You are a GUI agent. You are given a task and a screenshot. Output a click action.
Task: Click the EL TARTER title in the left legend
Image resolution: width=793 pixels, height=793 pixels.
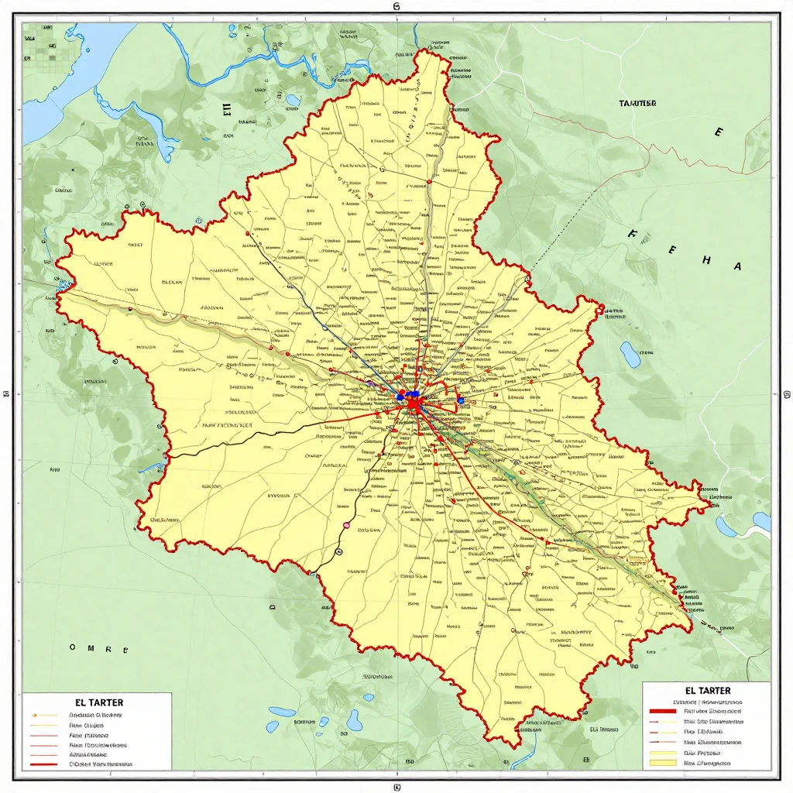(x=100, y=702)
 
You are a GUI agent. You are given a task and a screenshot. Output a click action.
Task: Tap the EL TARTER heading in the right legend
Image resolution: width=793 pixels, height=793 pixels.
(x=708, y=690)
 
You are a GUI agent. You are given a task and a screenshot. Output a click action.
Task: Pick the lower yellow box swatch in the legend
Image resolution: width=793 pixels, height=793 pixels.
(x=662, y=763)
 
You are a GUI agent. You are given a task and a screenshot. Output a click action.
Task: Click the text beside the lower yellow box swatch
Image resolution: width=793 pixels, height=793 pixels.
(x=708, y=763)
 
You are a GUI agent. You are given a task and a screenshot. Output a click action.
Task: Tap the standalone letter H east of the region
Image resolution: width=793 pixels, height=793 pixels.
(x=705, y=261)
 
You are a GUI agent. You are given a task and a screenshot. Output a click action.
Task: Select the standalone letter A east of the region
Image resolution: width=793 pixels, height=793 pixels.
(x=737, y=266)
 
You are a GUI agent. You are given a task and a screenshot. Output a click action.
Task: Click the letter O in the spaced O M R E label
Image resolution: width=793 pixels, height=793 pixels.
(x=74, y=647)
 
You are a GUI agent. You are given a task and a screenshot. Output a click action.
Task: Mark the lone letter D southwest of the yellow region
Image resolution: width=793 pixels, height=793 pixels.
(x=273, y=609)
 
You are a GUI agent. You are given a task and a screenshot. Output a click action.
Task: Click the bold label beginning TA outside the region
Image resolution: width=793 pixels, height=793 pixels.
(x=638, y=103)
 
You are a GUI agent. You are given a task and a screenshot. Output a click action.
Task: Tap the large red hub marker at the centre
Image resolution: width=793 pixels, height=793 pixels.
(x=414, y=403)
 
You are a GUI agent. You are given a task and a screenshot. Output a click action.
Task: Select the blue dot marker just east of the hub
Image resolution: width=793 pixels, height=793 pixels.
(x=460, y=400)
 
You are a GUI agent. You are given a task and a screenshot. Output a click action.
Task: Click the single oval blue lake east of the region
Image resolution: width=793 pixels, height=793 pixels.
(x=630, y=355)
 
